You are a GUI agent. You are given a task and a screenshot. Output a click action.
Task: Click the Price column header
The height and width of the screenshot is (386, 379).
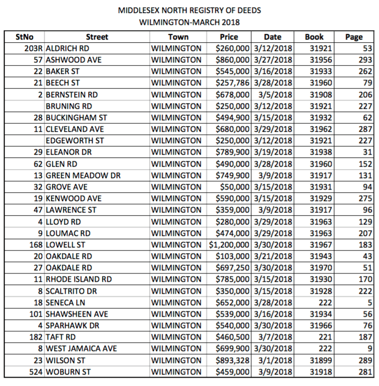pyautogui.click(x=229, y=37)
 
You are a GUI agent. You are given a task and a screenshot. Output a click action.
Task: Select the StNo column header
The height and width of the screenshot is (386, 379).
pyautogui.click(x=24, y=37)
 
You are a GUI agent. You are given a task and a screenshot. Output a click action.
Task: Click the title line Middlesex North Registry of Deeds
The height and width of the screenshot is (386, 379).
pyautogui.click(x=189, y=10)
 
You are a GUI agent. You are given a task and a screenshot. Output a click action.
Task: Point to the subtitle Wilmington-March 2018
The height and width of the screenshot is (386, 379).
pyautogui.click(x=189, y=22)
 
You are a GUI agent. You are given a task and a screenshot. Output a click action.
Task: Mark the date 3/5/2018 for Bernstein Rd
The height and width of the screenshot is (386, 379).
pyautogui.click(x=272, y=95)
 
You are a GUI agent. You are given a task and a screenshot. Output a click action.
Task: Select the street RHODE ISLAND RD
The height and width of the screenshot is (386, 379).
pyautogui.click(x=79, y=279)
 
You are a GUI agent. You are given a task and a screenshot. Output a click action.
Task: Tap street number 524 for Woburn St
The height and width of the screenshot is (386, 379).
pyautogui.click(x=35, y=371)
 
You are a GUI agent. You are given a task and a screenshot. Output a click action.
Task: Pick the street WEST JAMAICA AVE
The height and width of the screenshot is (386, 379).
pyautogui.click(x=81, y=348)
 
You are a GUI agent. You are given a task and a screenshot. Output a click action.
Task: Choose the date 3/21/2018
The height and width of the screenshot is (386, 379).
pyautogui.click(x=272, y=256)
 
